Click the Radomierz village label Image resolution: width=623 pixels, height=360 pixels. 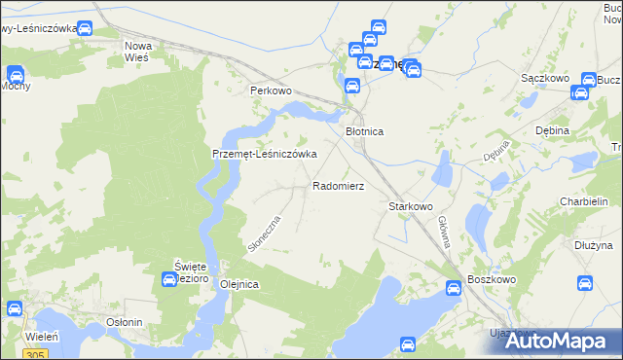tap(338, 185)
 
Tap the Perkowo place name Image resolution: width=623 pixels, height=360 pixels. tap(271, 90)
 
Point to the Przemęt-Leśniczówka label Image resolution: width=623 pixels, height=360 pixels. tap(265, 155)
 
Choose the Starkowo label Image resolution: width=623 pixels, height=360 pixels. tap(410, 206)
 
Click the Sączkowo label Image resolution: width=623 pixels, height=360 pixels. tap(544, 77)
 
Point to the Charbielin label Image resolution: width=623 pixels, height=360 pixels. tap(584, 201)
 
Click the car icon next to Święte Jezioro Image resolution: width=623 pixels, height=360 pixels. tap(168, 280)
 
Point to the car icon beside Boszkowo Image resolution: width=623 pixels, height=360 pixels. tap(454, 288)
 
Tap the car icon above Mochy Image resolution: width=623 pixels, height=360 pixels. tap(16, 73)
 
